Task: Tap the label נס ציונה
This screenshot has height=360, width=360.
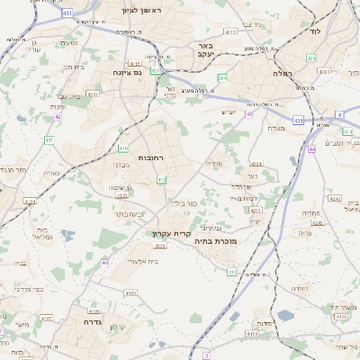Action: [x=130, y=72]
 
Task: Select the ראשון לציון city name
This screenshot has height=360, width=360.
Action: [x=139, y=11]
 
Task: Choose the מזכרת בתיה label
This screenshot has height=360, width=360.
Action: [x=215, y=241]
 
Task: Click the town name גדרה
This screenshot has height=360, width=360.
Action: [x=93, y=321]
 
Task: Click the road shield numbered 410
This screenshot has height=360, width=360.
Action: [x=122, y=148]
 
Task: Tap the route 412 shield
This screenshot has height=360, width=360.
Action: [x=161, y=180]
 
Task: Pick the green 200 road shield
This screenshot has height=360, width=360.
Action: [x=221, y=79]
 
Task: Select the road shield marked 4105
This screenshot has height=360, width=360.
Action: [x=95, y=310]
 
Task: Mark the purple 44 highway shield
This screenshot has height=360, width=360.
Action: [x=311, y=148]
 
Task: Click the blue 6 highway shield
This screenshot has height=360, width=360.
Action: [x=340, y=114]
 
